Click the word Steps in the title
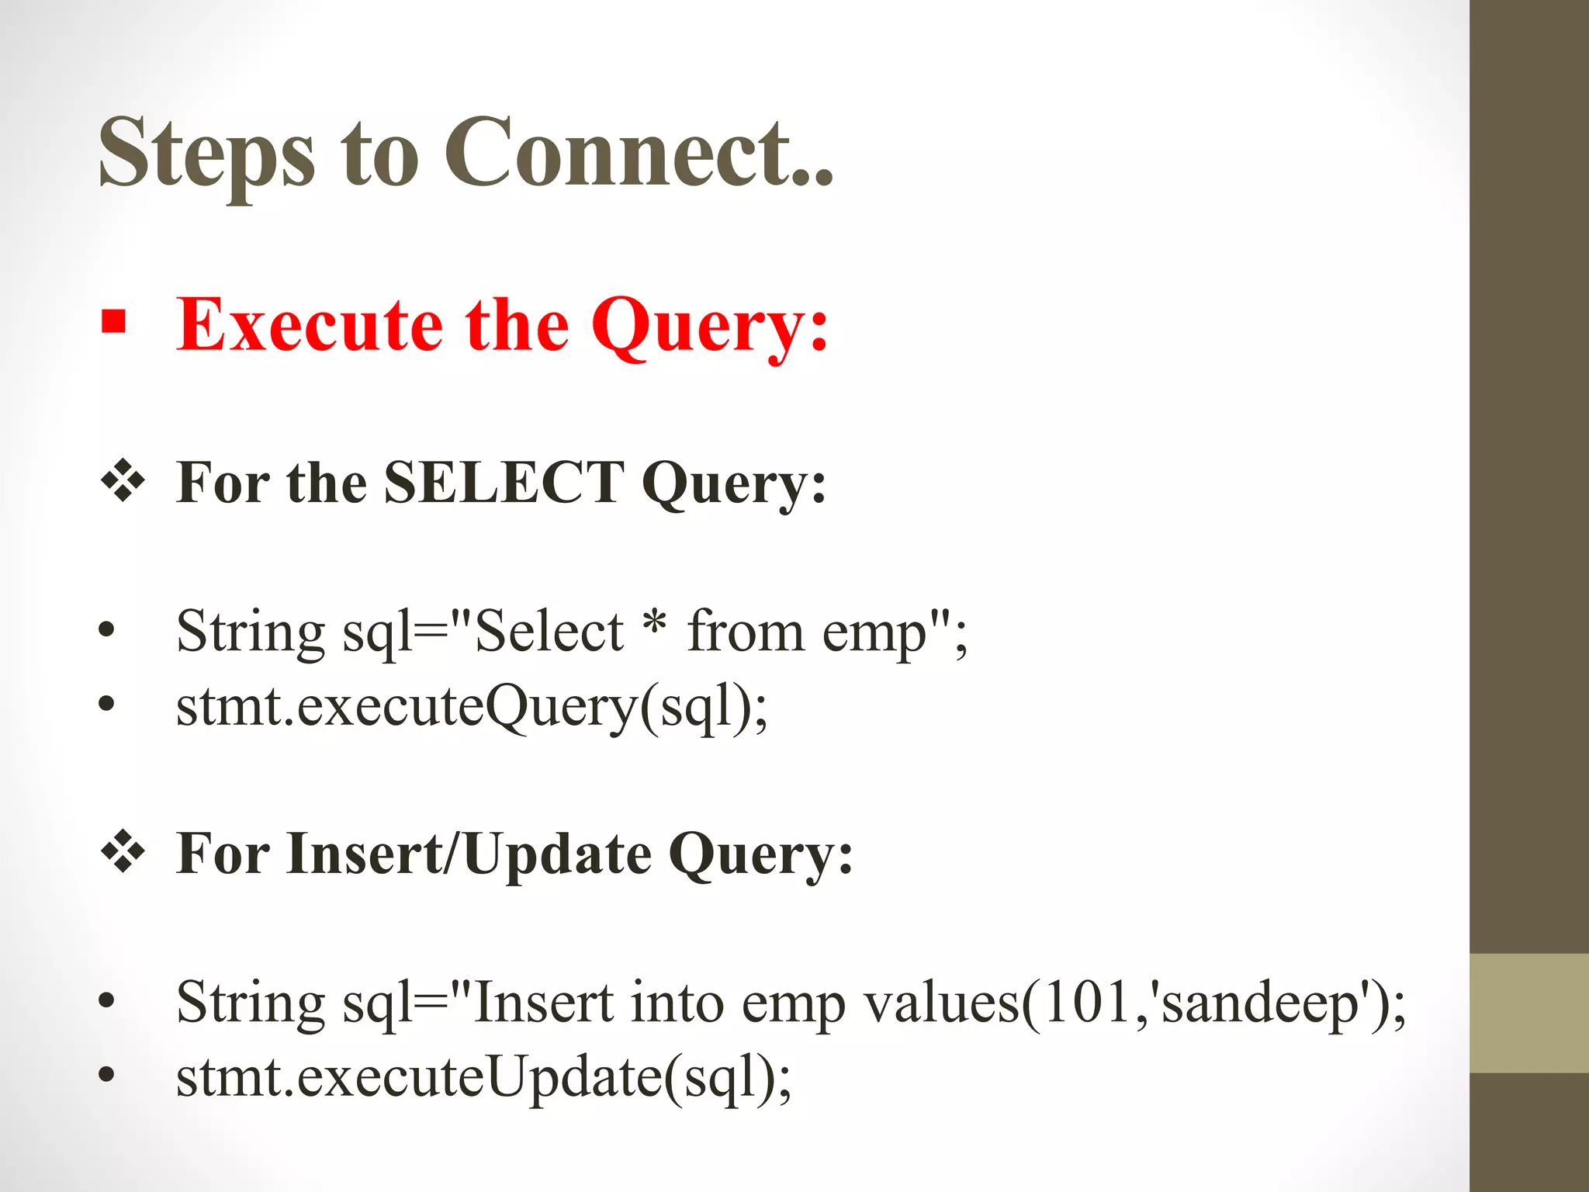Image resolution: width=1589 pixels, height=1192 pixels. pyautogui.click(x=206, y=153)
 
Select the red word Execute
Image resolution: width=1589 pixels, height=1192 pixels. pyautogui.click(x=309, y=326)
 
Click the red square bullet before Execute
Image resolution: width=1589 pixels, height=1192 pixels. pyautogui.click(x=113, y=321)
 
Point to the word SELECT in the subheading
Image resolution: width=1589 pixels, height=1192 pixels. pyautogui.click(x=504, y=483)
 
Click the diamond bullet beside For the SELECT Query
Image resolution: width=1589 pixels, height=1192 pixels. pyautogui.click(x=123, y=480)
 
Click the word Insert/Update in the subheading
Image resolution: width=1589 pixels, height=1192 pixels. pyautogui.click(x=469, y=854)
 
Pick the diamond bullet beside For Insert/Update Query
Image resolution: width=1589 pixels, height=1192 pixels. pyautogui.click(x=123, y=851)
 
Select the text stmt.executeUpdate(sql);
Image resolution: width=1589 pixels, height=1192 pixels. pyautogui.click(x=484, y=1078)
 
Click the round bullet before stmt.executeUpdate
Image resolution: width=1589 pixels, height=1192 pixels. pyautogui.click(x=107, y=1076)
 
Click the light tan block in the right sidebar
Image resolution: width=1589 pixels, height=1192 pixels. pyautogui.click(x=1528, y=1013)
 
